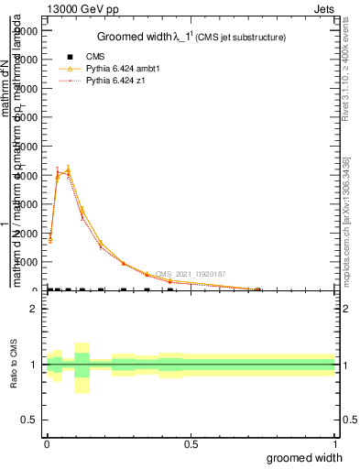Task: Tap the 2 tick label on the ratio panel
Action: point(33,309)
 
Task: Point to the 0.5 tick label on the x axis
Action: point(191,444)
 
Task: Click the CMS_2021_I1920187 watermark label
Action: point(190,273)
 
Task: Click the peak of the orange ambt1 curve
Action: point(68,169)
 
